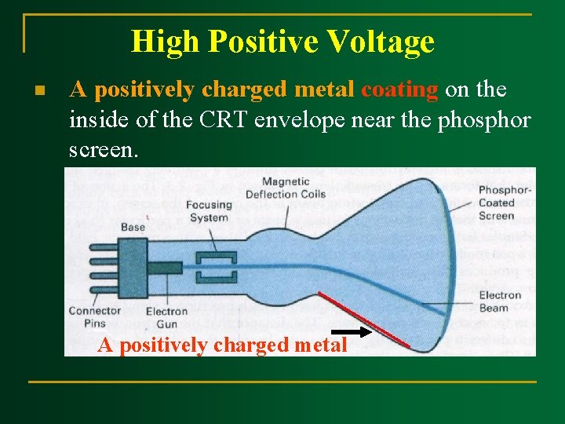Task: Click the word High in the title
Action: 159,41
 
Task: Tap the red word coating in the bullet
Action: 399,90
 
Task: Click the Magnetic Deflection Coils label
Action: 285,188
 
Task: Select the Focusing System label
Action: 209,211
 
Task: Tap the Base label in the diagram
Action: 133,227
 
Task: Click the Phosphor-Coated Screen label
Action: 505,203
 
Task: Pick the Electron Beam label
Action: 500,302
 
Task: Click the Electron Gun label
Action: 166,317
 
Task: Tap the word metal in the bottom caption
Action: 319,345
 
